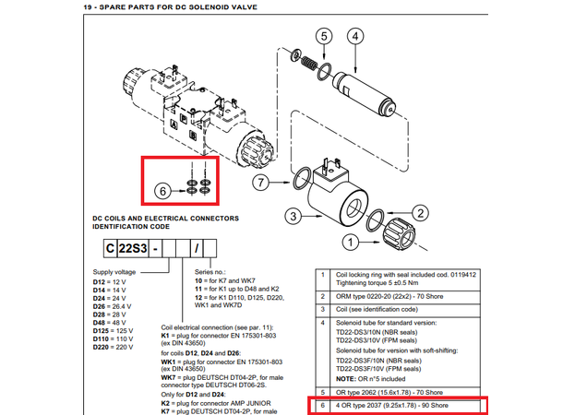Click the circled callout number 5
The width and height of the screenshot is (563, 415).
coord(322,38)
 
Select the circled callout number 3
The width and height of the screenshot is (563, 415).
coord(293,216)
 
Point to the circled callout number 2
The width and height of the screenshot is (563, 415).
coord(419,211)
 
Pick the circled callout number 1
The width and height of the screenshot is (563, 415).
coord(351,243)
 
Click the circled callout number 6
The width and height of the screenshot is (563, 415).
coord(162,192)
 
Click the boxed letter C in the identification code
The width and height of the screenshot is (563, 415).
coord(109,248)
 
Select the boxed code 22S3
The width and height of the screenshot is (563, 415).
coord(134,248)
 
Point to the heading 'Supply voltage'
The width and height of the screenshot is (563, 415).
coord(114,271)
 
